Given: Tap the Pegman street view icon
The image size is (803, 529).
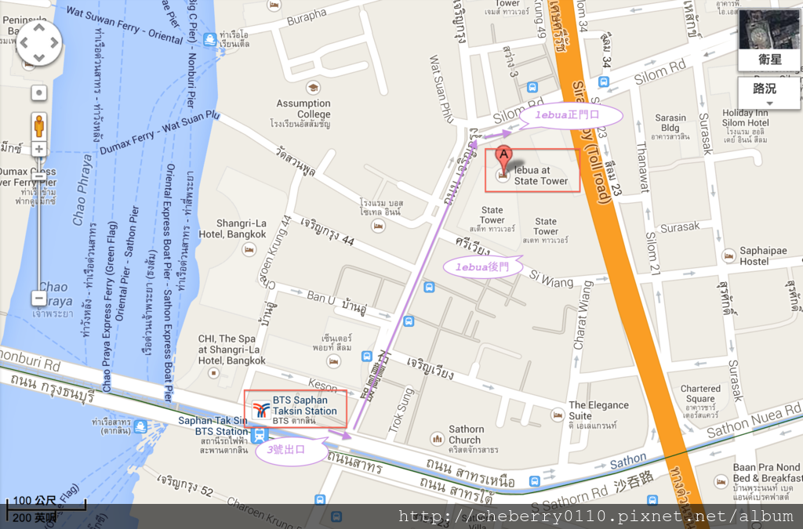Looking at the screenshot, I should (39, 125).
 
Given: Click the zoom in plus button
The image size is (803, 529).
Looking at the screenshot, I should (39, 149).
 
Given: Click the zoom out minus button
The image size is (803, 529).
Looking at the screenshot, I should (39, 298).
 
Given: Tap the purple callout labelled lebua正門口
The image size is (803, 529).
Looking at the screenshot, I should (570, 115).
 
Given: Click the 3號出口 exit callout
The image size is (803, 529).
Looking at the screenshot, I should (287, 450).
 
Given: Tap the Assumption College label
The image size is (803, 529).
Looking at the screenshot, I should (303, 108).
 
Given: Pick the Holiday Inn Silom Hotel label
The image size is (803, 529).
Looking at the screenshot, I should (745, 118).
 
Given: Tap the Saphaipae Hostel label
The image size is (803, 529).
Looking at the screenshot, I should (764, 255).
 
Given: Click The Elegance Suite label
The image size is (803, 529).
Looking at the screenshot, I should (598, 410).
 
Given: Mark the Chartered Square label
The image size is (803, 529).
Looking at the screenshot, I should (699, 393).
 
